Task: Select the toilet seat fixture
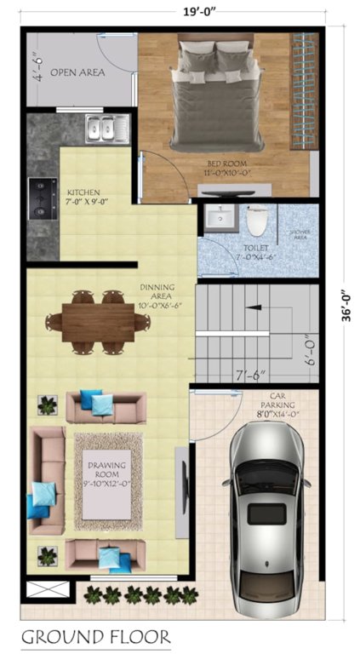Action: click(x=256, y=221)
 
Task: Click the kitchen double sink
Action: click(x=107, y=129)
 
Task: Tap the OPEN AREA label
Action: click(x=77, y=73)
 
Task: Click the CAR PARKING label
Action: click(x=283, y=404)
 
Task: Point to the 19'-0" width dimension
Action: click(x=179, y=12)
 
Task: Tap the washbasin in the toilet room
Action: click(x=219, y=219)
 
